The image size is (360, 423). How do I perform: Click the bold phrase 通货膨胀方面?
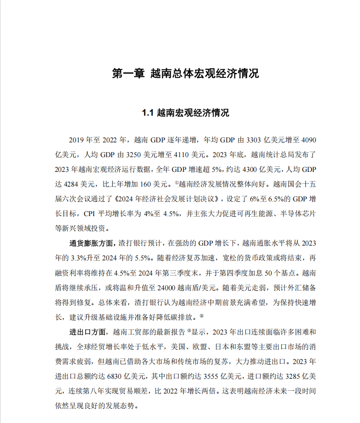click(91, 242)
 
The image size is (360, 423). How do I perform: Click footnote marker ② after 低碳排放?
click(202, 315)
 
